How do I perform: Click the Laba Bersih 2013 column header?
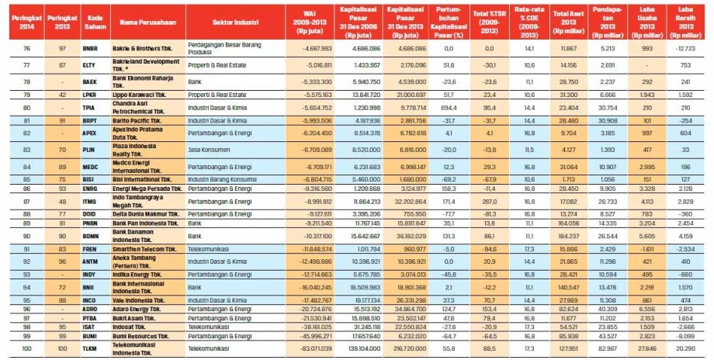(x=688, y=19)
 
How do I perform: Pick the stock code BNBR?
(x=90, y=48)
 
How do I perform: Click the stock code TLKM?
(x=90, y=350)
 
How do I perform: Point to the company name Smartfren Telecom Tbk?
(x=144, y=249)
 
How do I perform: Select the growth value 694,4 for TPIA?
(x=447, y=108)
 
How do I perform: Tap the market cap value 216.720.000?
(x=402, y=350)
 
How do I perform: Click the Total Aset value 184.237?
(x=568, y=235)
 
